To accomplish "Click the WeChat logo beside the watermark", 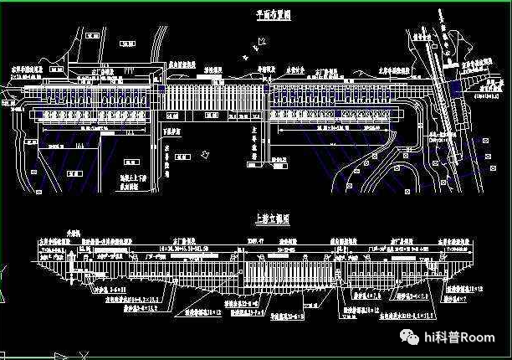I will pyautogui.click(x=411, y=337).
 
